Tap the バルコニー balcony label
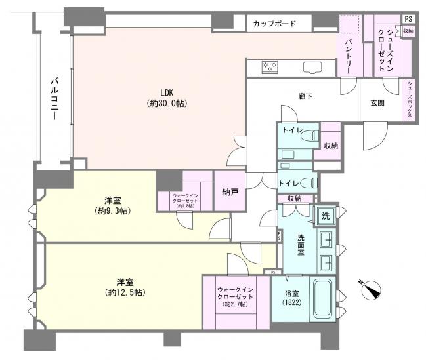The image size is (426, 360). point(56,98)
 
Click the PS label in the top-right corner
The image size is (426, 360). point(408,19)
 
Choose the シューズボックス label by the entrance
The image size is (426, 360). point(410,100)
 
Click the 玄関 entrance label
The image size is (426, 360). point(377,103)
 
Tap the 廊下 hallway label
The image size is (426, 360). point(305,97)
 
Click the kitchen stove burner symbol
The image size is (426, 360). point(270,66)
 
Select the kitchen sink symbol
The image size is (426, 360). point(310,66)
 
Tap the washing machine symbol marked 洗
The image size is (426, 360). point(326,216)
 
